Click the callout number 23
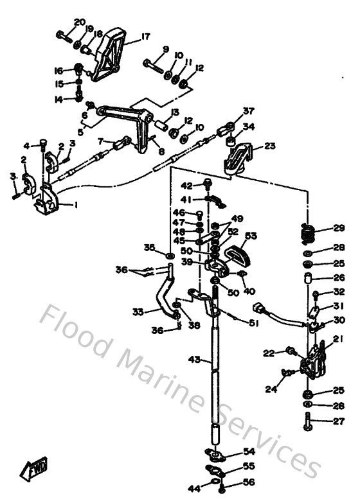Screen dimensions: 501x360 click(x=269, y=146)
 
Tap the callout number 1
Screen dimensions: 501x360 click(x=75, y=206)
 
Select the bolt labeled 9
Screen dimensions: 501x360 click(x=153, y=66)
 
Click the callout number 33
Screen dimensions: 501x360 click(x=138, y=312)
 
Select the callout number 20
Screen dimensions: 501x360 click(x=79, y=22)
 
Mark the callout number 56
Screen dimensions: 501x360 click(x=248, y=482)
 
